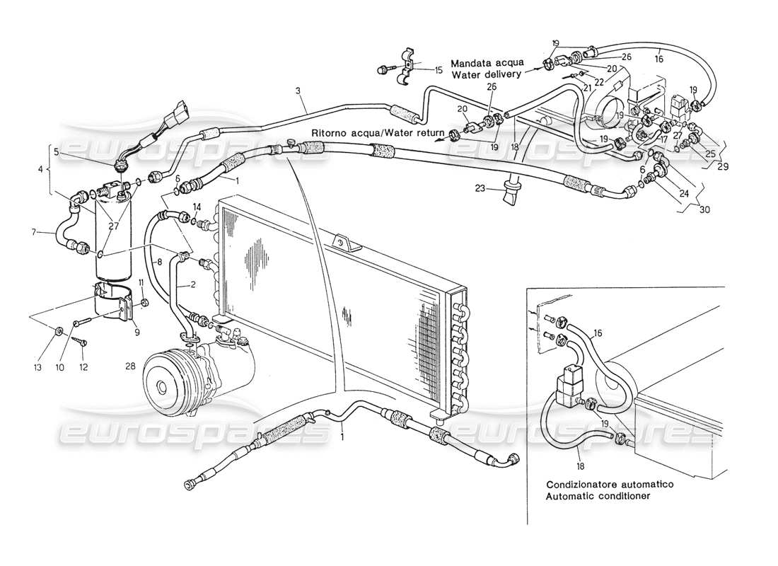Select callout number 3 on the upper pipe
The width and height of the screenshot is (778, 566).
click(x=298, y=91)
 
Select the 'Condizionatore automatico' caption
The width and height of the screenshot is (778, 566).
click(x=609, y=485)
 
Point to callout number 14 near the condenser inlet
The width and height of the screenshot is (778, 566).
click(x=197, y=207)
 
